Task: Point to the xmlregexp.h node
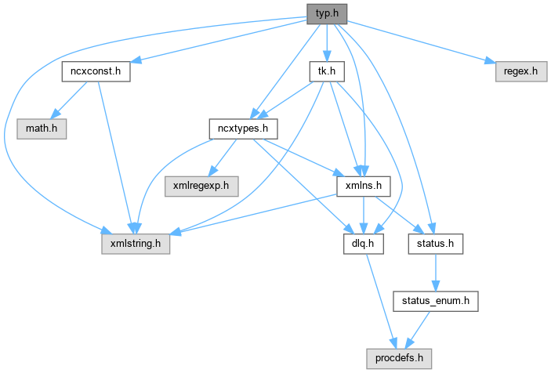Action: (x=201, y=186)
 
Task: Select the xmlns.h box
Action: (x=363, y=186)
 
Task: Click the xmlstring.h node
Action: (x=136, y=244)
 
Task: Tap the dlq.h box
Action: (x=363, y=244)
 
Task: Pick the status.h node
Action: (x=435, y=244)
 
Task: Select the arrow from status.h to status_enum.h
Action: (x=435, y=273)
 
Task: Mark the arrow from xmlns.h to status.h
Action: (x=399, y=215)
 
